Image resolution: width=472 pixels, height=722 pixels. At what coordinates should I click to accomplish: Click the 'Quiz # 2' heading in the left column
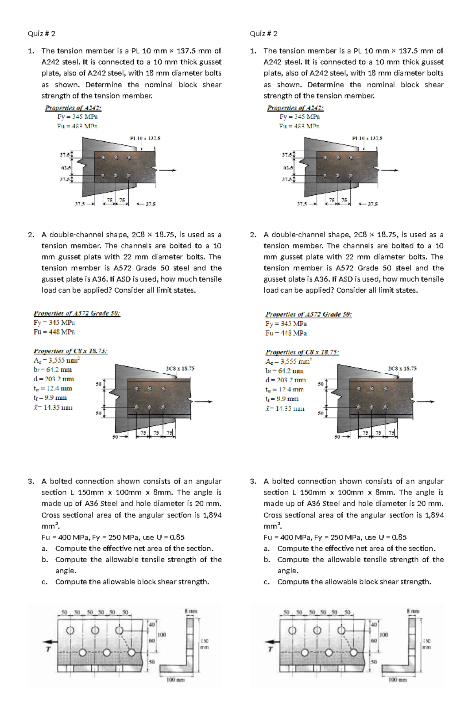pyautogui.click(x=41, y=33)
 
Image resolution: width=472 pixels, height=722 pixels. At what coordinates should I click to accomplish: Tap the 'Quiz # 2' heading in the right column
pyautogui.click(x=264, y=33)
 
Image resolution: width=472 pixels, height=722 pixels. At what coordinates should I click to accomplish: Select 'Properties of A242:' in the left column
pyautogui.click(x=73, y=108)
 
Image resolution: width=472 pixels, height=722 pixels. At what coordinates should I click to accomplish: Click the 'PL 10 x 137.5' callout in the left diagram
pyautogui.click(x=145, y=138)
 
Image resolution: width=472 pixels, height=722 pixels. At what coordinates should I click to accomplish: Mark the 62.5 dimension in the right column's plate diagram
pyautogui.click(x=288, y=168)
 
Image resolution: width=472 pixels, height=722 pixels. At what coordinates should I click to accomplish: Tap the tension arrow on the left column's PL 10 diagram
pyautogui.click(x=168, y=170)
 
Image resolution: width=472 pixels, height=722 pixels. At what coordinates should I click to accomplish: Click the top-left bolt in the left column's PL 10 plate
pyautogui.click(x=103, y=158)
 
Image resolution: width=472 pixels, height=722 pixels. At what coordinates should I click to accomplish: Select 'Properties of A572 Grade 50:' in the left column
pyautogui.click(x=77, y=314)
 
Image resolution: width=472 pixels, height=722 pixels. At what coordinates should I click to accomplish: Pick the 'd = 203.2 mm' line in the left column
pyautogui.click(x=53, y=379)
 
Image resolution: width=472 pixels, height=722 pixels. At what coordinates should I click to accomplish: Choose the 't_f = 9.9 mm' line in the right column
pyautogui.click(x=282, y=399)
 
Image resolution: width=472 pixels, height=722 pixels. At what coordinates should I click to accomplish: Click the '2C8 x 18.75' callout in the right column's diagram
pyautogui.click(x=402, y=369)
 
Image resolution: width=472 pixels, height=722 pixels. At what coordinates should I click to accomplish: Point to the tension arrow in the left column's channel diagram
pyautogui.click(x=204, y=402)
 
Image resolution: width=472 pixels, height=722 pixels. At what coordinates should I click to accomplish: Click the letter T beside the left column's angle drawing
pyautogui.click(x=48, y=649)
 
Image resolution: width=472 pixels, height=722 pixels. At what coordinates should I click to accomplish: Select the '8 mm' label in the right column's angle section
pyautogui.click(x=413, y=611)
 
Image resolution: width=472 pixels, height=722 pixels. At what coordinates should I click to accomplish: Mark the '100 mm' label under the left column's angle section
pyautogui.click(x=175, y=680)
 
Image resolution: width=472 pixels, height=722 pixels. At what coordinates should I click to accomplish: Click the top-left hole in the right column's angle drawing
pyautogui.click(x=292, y=630)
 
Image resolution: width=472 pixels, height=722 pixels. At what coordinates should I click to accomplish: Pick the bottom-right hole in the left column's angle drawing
pyautogui.click(x=131, y=653)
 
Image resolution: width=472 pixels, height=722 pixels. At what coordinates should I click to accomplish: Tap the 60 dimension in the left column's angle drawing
pyautogui.click(x=151, y=641)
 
